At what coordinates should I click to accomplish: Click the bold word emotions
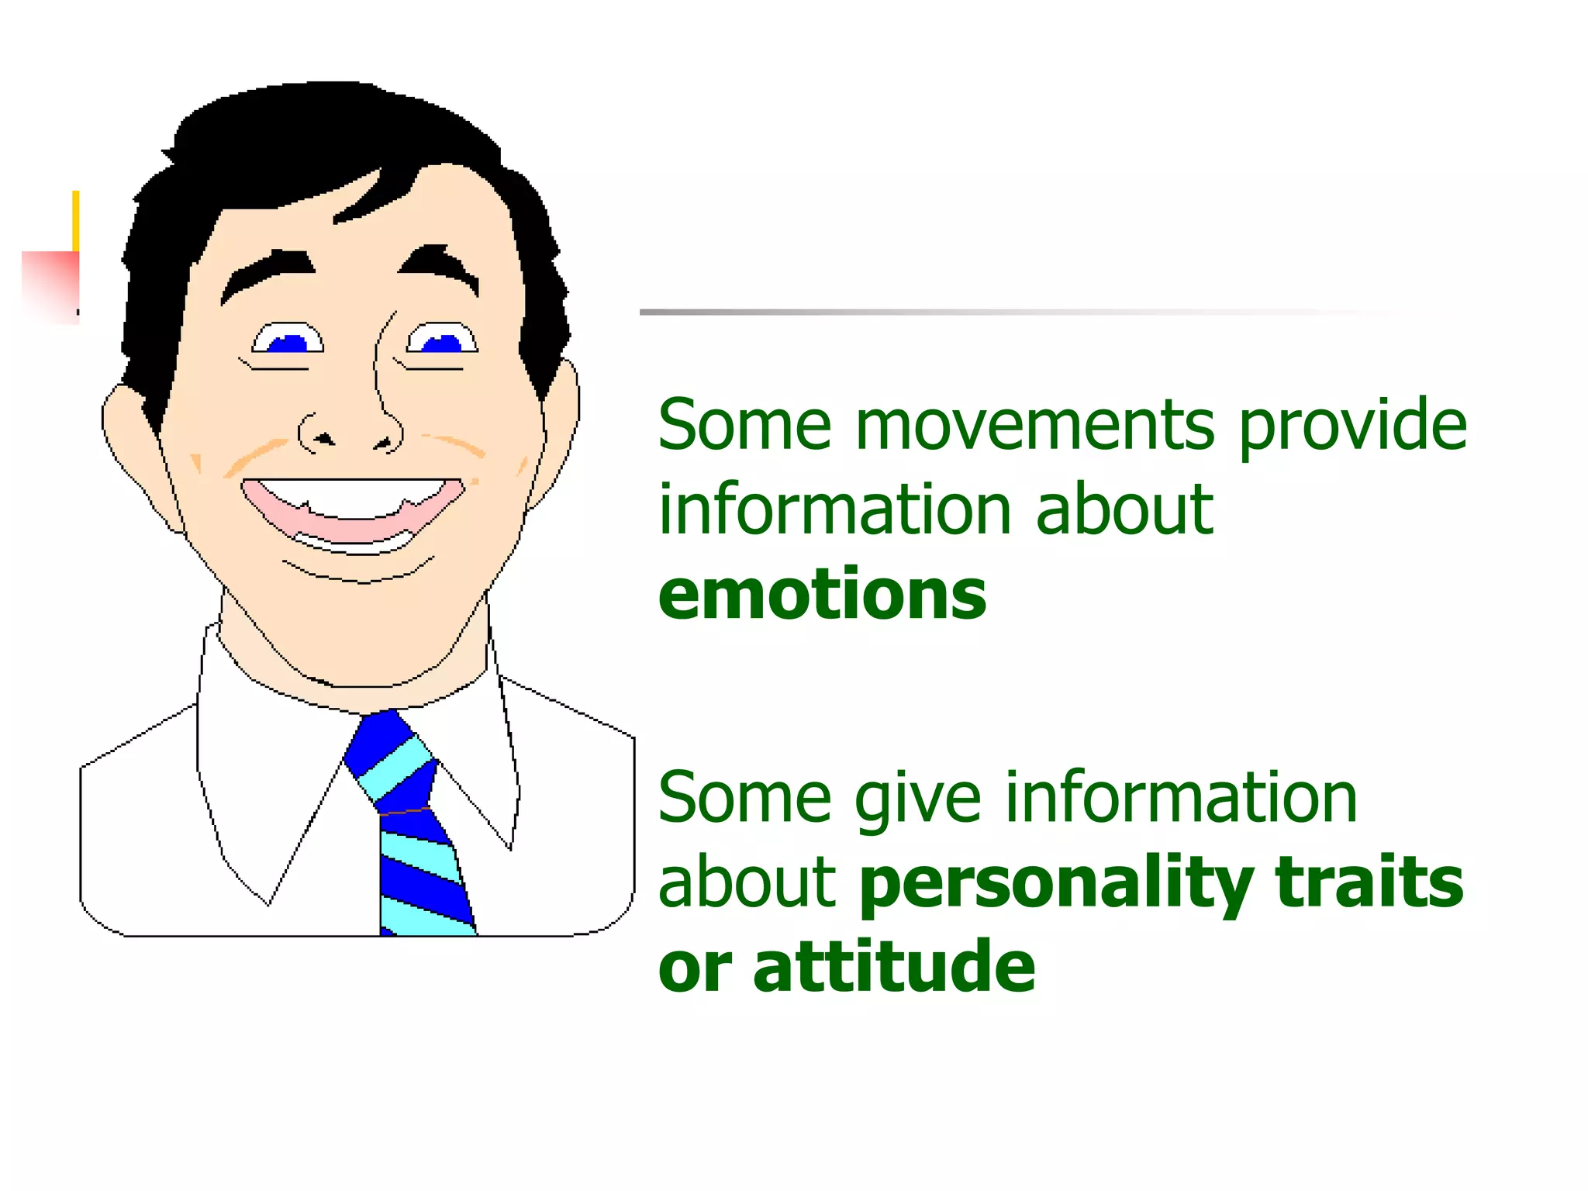(x=822, y=595)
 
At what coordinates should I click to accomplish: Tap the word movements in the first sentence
(x=1034, y=426)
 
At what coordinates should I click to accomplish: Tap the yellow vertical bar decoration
(x=76, y=220)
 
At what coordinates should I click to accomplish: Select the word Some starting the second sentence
(x=744, y=799)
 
